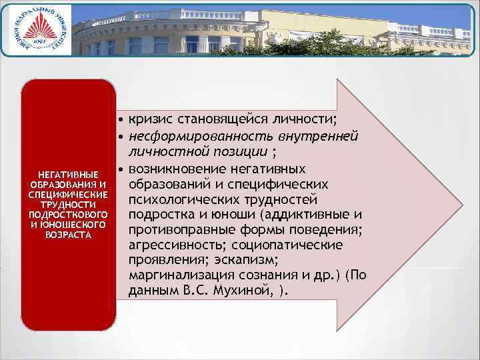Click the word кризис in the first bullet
pos(149,119)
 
